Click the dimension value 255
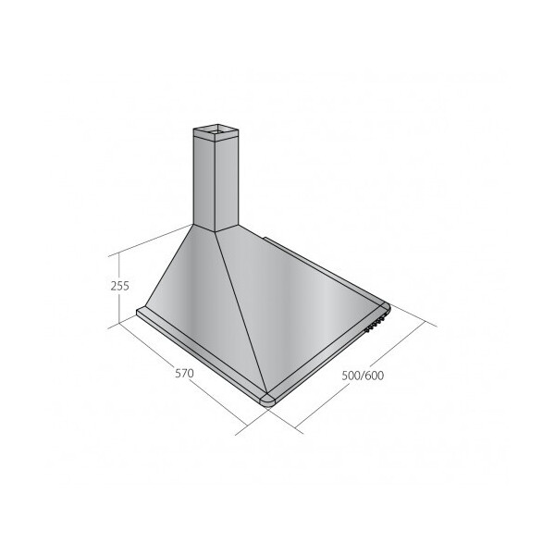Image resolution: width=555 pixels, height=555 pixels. (120, 286)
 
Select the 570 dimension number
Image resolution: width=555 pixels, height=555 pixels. (184, 373)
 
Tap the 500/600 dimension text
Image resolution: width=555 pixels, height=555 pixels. (363, 376)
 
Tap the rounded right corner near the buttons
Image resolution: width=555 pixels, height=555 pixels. (385, 308)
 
